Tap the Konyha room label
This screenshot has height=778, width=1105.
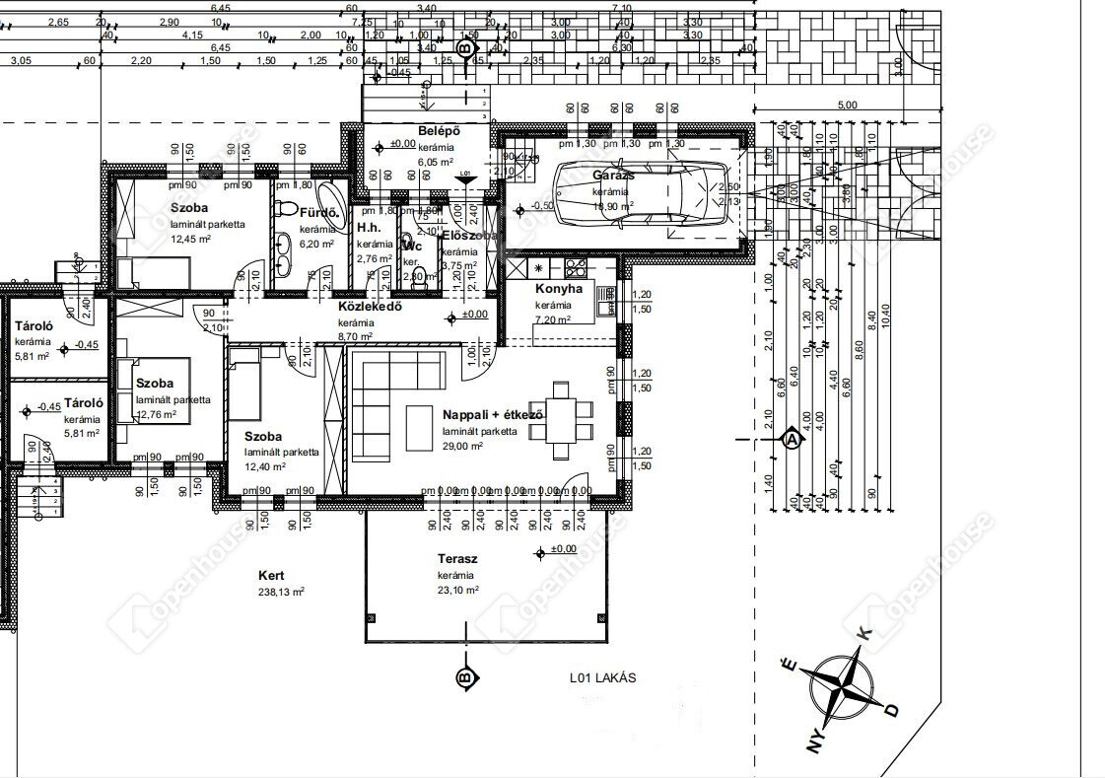coord(559,289)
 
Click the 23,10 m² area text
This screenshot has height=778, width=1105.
coord(458,590)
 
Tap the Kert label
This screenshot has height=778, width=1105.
coord(271,575)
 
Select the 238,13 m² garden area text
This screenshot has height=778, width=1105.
coord(281,592)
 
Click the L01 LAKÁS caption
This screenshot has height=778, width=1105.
coord(602,677)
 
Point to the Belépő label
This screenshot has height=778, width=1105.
coord(434,130)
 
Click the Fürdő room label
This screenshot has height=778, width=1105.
coord(319,212)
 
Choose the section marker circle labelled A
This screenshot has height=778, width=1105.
coord(791,440)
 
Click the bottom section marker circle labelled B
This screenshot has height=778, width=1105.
coord(463,678)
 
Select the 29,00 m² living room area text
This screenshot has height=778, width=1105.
coord(462,446)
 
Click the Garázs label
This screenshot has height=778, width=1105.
coord(611,175)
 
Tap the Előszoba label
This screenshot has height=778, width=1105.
coord(469,237)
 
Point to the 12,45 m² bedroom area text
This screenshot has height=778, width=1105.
coord(191,239)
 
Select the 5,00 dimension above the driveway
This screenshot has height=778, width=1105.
coord(847,105)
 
